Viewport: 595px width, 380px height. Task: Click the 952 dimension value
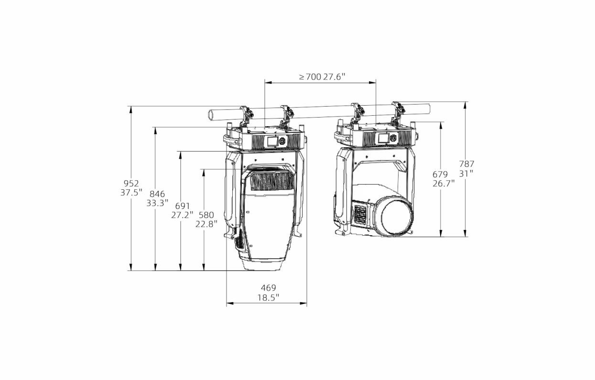click(131, 183)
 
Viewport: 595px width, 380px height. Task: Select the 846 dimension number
click(157, 194)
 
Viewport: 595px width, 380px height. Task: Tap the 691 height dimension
click(183, 206)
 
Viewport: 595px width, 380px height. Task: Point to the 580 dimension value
click(206, 215)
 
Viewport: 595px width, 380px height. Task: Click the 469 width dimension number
click(268, 288)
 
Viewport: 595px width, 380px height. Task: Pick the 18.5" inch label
click(268, 297)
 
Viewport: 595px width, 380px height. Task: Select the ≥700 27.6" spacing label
click(322, 77)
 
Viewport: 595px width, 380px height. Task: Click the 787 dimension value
click(467, 163)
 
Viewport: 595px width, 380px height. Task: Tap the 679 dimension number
click(440, 174)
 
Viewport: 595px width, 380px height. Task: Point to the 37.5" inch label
click(131, 193)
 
